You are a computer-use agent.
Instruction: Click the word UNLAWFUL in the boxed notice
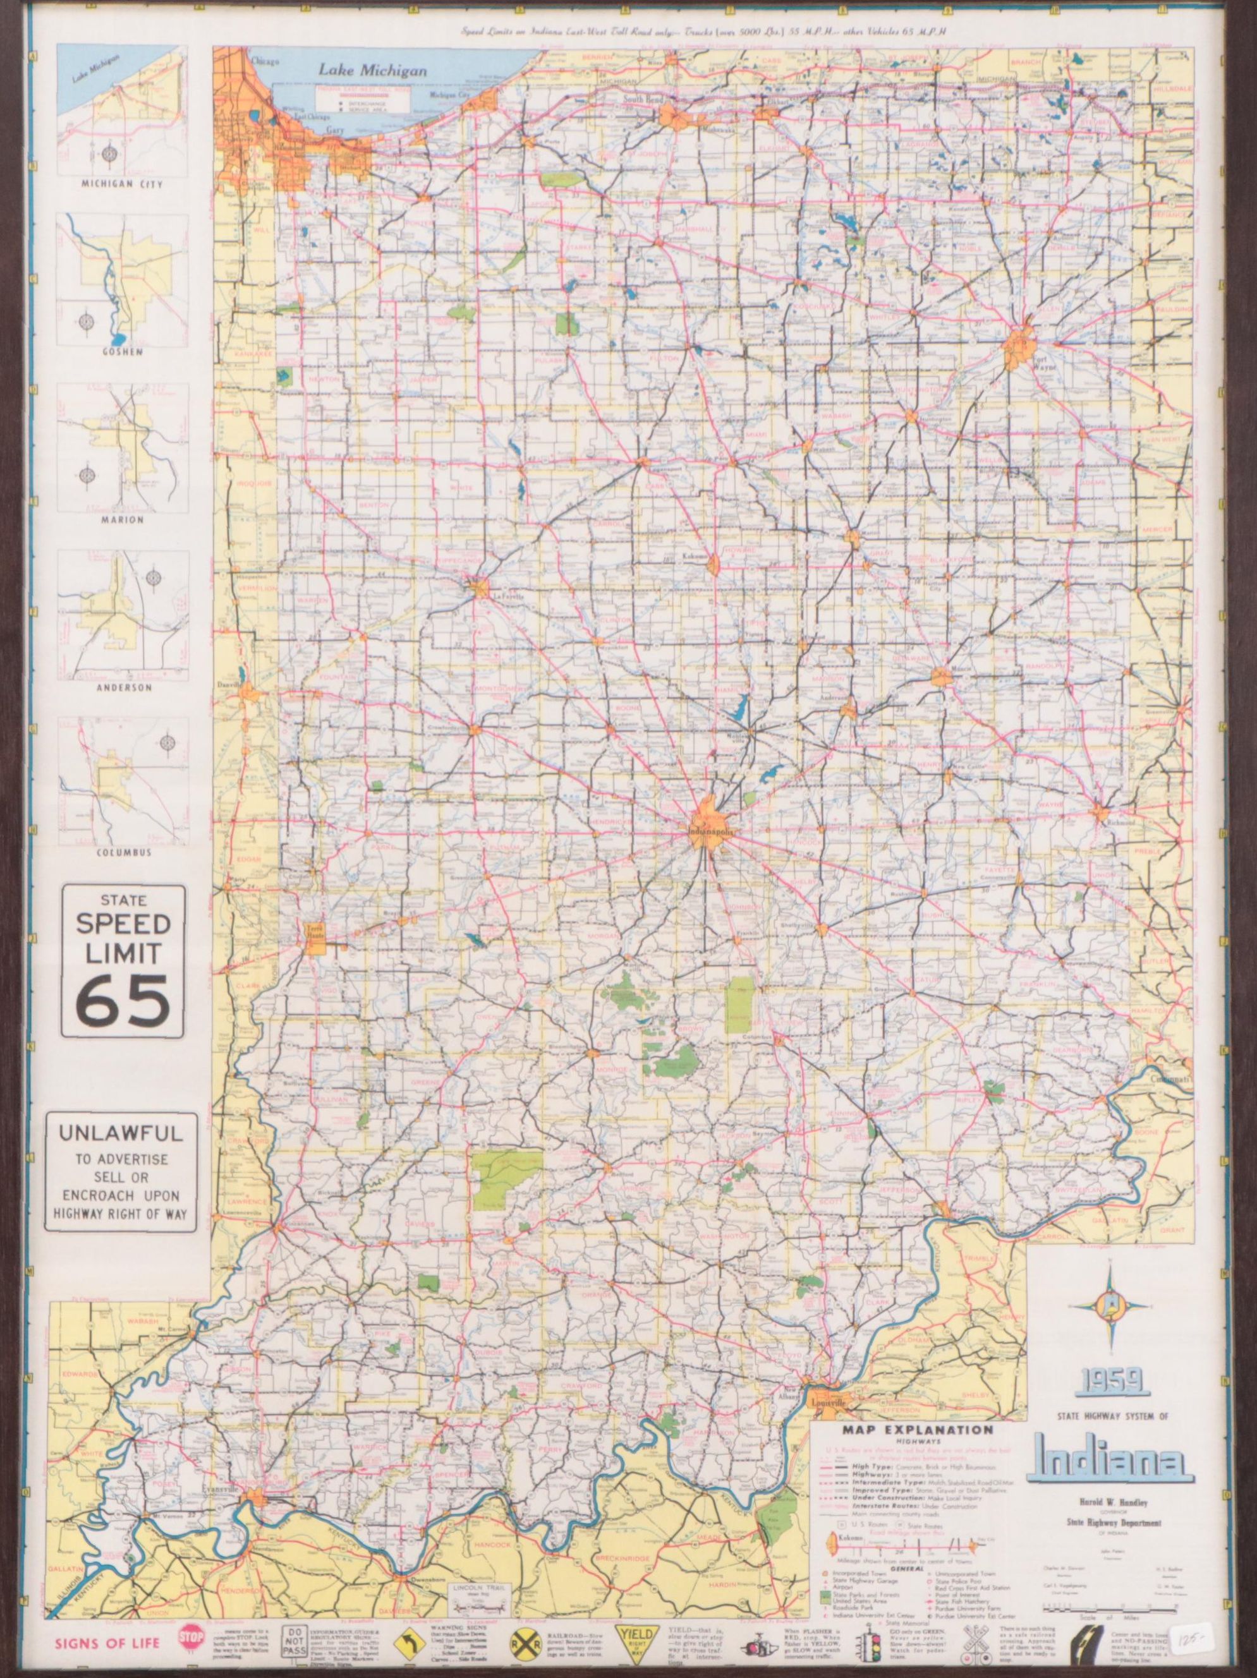121,1134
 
